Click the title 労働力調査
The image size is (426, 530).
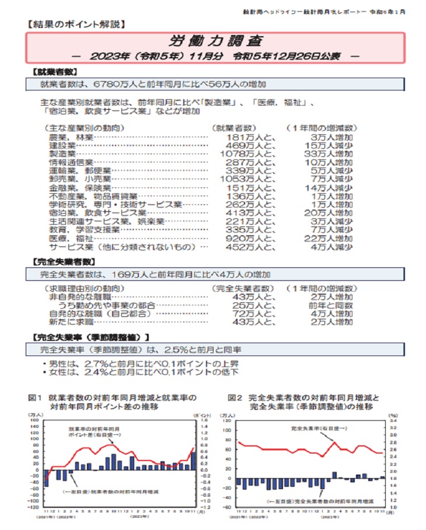click(216, 41)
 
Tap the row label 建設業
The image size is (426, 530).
click(64, 145)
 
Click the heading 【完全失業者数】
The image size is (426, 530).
click(61, 261)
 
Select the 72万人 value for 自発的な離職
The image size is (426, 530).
click(250, 313)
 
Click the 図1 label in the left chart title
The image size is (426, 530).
click(36, 397)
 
